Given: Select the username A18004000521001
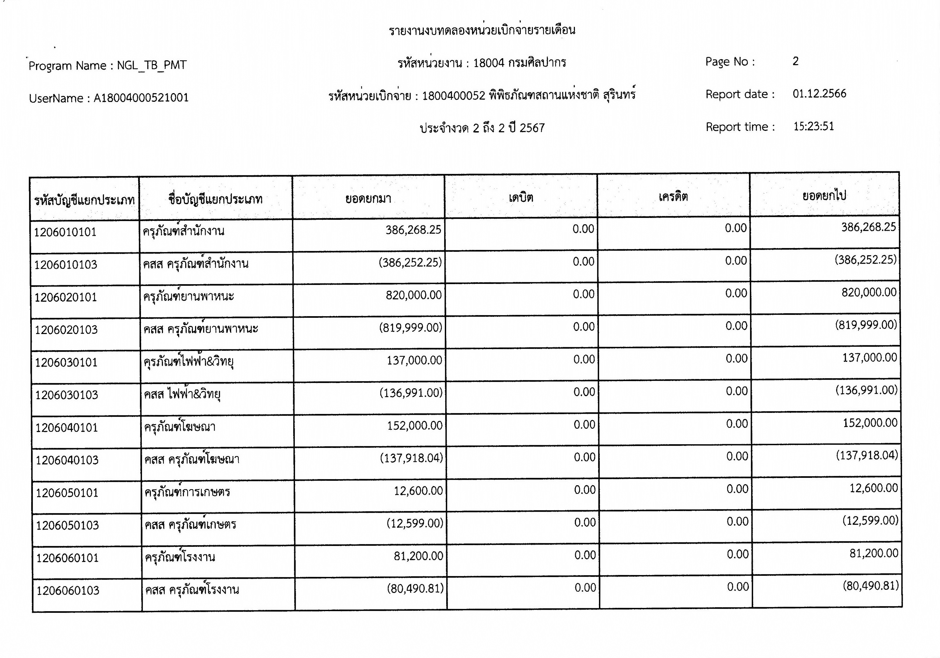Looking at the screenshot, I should click(x=141, y=98).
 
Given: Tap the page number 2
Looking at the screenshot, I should click(x=796, y=61).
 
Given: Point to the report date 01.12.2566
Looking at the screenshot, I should click(x=819, y=94).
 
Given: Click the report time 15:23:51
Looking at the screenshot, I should click(x=813, y=126).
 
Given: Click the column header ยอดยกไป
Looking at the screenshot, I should click(x=824, y=196).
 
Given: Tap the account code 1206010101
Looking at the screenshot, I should click(x=65, y=232).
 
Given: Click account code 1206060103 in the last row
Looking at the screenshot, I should click(x=68, y=590).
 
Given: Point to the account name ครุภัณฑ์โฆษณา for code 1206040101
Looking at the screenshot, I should click(x=180, y=427).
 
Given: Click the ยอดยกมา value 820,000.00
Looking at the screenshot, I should click(x=414, y=295).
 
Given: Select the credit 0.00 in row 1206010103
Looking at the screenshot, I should click(x=736, y=261).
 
